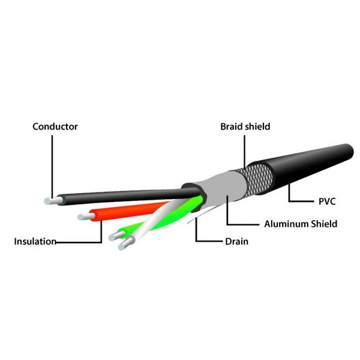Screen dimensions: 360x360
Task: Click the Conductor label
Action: (x=55, y=127)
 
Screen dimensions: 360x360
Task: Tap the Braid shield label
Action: (x=245, y=127)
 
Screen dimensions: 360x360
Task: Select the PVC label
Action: (x=327, y=202)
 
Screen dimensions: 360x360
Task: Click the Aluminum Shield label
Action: (x=301, y=224)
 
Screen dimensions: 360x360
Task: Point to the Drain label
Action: (x=237, y=242)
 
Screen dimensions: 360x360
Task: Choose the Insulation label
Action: (x=35, y=242)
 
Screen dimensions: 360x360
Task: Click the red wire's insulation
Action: (x=128, y=211)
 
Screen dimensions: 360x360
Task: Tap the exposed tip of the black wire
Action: (x=52, y=201)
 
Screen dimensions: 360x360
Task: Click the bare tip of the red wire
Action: (x=86, y=217)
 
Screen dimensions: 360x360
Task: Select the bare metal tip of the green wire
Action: (x=116, y=236)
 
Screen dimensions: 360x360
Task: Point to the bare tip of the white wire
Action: (x=126, y=244)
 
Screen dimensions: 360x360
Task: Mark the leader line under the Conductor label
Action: (x=52, y=167)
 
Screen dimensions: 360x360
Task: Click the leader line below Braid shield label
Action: (x=244, y=152)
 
